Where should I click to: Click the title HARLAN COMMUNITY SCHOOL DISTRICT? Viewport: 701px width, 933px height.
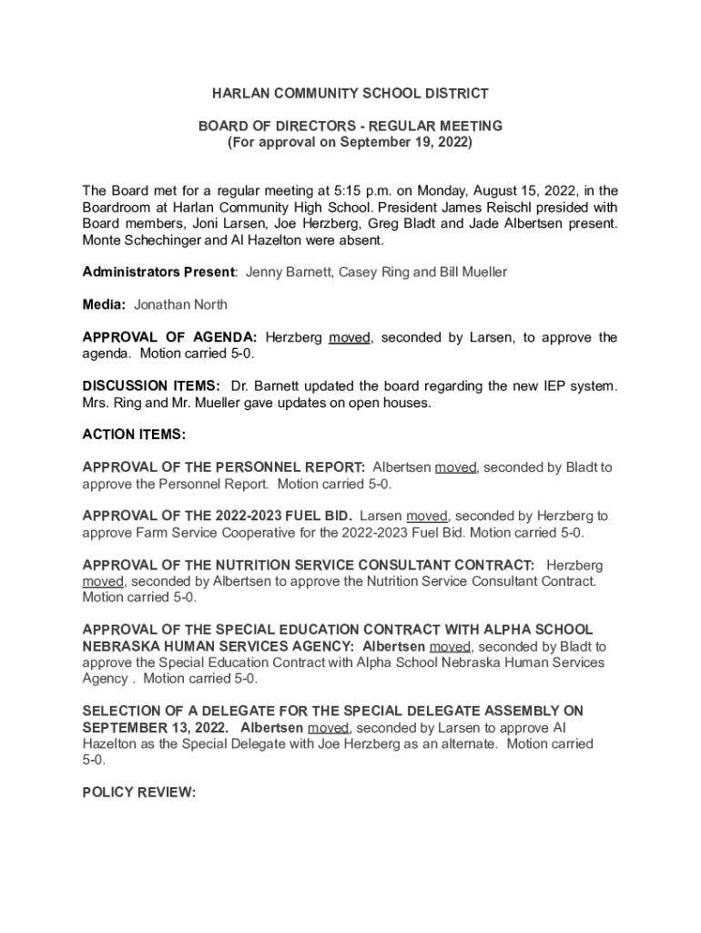pyautogui.click(x=350, y=94)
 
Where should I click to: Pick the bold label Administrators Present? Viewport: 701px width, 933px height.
pyautogui.click(x=158, y=272)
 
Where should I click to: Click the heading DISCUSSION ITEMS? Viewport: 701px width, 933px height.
pyautogui.click(x=151, y=385)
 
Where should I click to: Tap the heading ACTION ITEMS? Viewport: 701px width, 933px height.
pyautogui.click(x=134, y=435)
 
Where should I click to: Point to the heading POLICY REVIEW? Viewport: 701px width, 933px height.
pyautogui.click(x=138, y=792)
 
